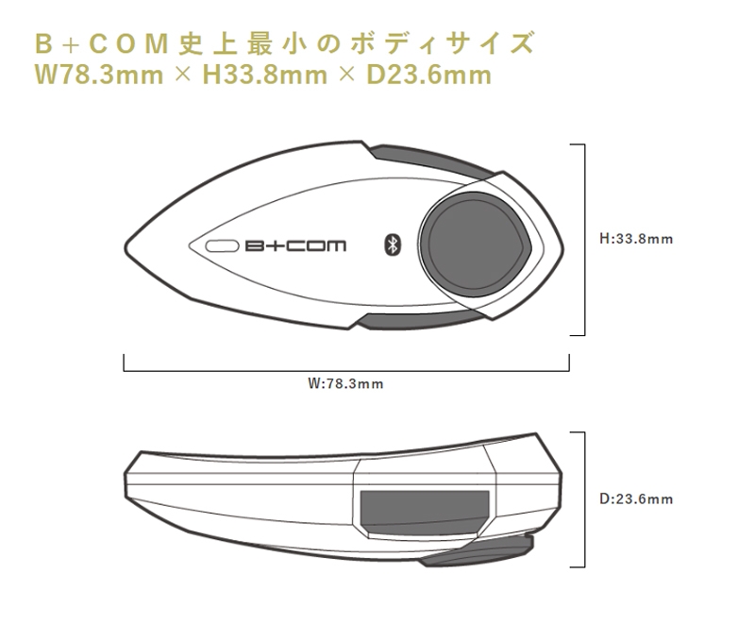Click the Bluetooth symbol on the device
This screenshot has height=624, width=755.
(x=393, y=245)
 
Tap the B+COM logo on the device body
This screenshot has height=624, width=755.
(x=295, y=246)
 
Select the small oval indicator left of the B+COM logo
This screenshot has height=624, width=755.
(x=222, y=246)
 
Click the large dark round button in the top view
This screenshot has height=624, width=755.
(x=476, y=245)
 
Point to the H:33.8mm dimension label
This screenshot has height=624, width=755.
(x=636, y=239)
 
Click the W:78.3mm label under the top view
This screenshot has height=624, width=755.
(x=345, y=383)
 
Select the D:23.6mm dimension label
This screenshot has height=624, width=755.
(x=636, y=498)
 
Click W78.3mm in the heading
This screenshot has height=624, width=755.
(x=99, y=76)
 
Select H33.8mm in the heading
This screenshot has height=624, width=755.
(x=264, y=76)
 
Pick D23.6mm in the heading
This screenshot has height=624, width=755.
(x=429, y=76)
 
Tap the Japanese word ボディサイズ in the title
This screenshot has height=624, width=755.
(x=442, y=43)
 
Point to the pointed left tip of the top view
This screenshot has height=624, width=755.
(x=126, y=247)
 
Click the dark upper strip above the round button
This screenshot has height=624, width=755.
(x=428, y=158)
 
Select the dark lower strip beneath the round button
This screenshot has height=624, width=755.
(x=419, y=321)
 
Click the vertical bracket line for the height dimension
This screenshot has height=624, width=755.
(x=584, y=239)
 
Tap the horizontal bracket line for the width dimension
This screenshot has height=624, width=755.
(x=346, y=371)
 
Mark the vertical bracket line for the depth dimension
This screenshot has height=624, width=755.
(x=584, y=499)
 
